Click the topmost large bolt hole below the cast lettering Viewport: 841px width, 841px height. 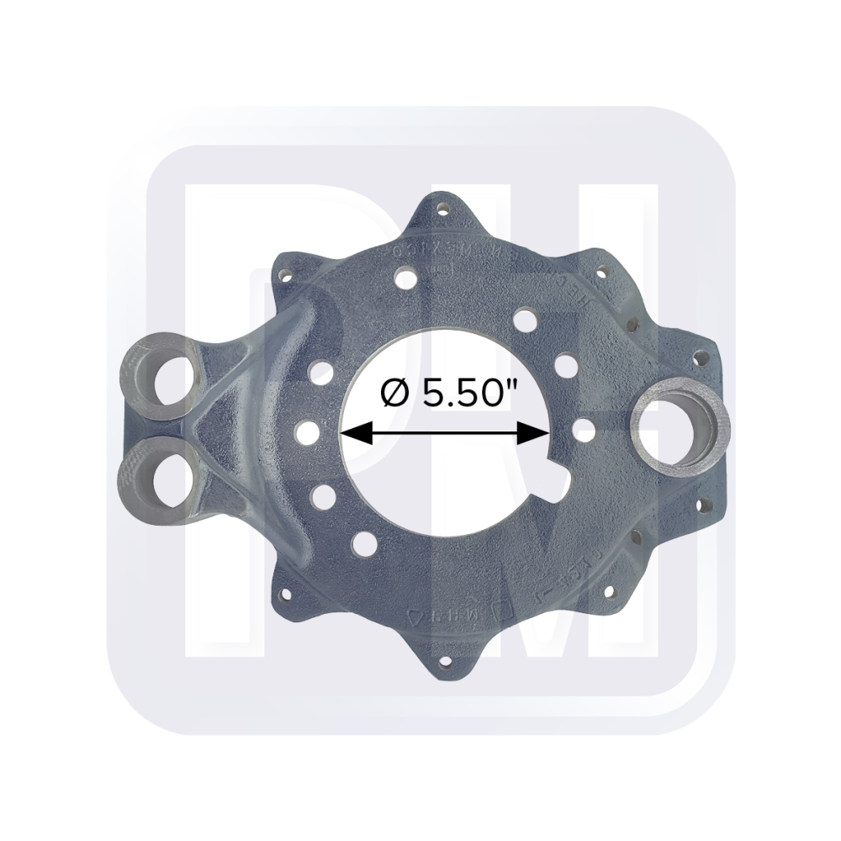click(407, 278)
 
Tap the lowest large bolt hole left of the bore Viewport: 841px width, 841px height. click(364, 543)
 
